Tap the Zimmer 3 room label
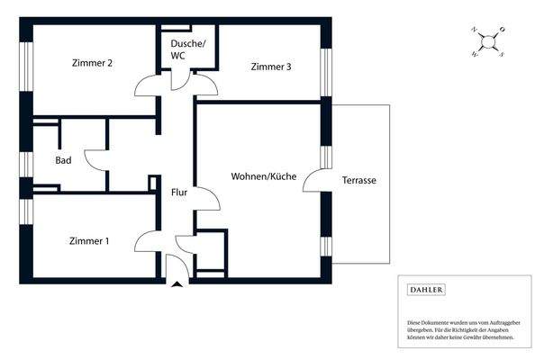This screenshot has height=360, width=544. (271, 67)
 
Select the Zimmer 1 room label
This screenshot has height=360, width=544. (89, 240)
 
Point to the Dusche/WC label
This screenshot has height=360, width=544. (188, 49)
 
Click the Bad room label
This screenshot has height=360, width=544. (63, 160)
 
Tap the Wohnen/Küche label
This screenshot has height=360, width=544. (263, 176)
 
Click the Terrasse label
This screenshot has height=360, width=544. (358, 181)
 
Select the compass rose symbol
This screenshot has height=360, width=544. (487, 41)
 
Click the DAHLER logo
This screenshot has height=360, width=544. (427, 290)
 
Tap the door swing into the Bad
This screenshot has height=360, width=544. (95, 158)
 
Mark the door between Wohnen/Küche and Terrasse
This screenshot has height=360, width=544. (315, 180)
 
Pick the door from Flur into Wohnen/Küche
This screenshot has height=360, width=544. (206, 199)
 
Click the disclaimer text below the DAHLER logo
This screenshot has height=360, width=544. (460, 328)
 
